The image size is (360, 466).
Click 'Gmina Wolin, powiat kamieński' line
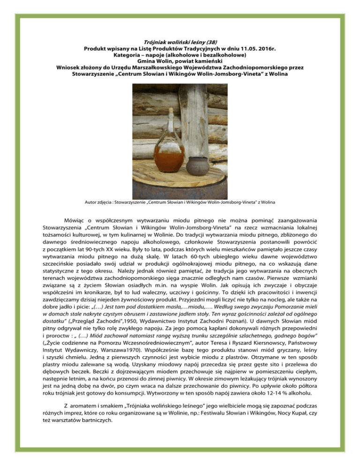180,60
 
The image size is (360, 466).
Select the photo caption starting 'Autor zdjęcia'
180,202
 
